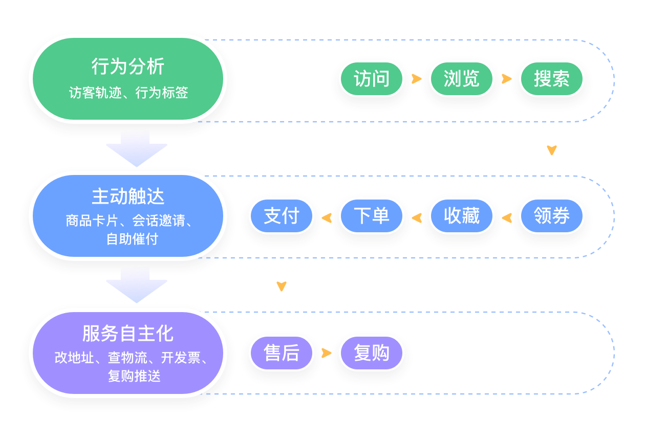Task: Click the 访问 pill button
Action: (372, 79)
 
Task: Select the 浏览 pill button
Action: (462, 79)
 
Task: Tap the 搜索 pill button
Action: (552, 79)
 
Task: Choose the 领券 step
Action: (552, 216)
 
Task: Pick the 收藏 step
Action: (462, 216)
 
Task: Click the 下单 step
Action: (372, 216)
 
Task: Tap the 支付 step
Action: (282, 216)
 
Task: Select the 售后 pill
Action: (282, 353)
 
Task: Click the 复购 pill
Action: (372, 353)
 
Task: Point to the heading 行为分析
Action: (128, 67)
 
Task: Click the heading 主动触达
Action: (128, 197)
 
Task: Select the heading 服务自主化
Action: (128, 334)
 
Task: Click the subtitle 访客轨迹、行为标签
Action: (128, 93)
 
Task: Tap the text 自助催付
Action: (133, 239)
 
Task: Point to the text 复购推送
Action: (134, 376)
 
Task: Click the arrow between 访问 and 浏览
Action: (416, 79)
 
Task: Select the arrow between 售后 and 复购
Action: (326, 353)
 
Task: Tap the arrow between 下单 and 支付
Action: (326, 218)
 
